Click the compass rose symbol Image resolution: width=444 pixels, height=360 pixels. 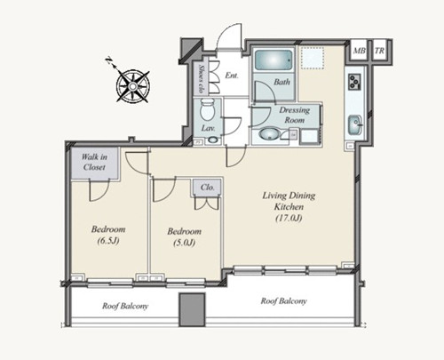(133, 86)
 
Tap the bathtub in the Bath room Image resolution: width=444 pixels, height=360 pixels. (274, 60)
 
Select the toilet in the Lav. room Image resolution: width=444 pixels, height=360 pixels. (207, 109)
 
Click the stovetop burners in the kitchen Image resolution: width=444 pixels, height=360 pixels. (354, 82)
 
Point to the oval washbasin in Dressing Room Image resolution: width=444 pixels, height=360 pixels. (269, 133)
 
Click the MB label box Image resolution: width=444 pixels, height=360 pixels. (360, 51)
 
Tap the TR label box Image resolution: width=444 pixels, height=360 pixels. (379, 51)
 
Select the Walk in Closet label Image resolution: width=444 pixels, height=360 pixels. (94, 162)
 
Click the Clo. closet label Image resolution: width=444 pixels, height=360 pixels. (207, 188)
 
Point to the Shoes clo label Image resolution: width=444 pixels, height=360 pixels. (202, 78)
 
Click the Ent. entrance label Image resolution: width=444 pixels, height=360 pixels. (232, 76)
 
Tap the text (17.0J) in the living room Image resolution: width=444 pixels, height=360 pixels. (289, 219)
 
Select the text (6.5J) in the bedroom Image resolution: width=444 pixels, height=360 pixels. (108, 241)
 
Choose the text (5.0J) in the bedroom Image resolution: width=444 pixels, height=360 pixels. (184, 243)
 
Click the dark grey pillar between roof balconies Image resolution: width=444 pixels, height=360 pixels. (192, 309)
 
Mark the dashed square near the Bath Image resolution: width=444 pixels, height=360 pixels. (313, 58)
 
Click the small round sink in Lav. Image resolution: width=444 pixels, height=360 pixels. (212, 140)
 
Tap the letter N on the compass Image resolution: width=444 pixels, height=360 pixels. (108, 60)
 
